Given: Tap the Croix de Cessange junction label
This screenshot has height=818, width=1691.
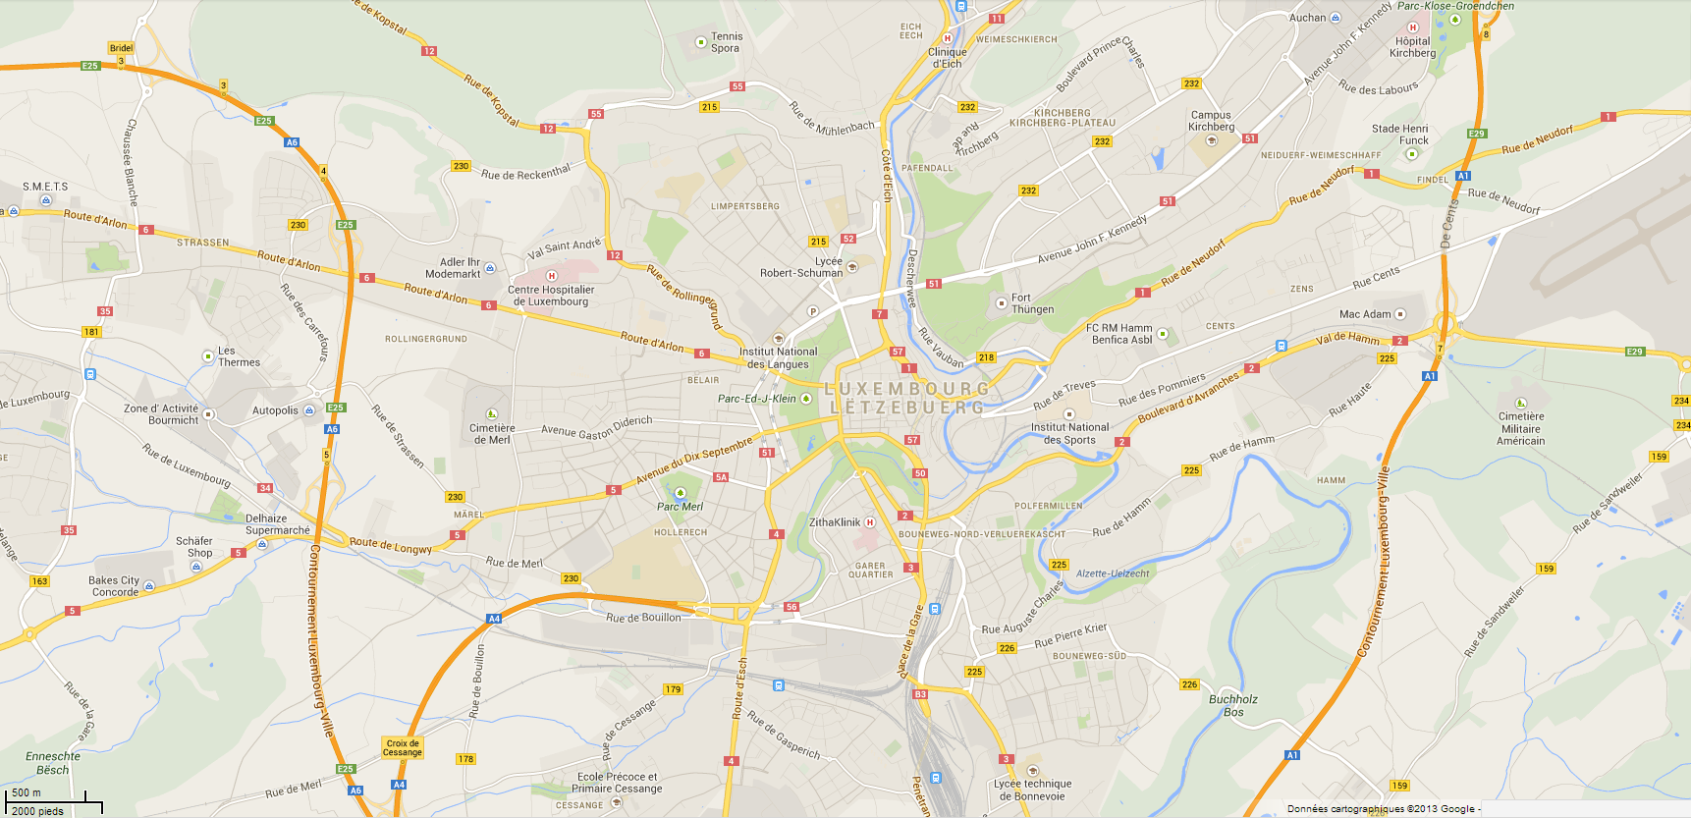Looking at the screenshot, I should [403, 748].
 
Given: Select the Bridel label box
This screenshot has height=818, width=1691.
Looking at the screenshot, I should [121, 48].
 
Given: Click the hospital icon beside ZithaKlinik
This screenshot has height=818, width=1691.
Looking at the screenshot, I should [870, 522].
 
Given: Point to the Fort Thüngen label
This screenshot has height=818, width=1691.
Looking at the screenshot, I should [1032, 303].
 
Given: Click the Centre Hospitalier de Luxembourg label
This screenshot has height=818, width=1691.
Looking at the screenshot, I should [551, 296].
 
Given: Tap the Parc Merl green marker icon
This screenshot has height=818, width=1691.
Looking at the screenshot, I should [681, 493].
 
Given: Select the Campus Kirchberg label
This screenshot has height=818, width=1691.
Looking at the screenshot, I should [1211, 121].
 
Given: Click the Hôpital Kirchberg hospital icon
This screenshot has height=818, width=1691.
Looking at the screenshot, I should [1413, 28].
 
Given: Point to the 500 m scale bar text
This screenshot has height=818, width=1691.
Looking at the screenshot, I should [27, 792].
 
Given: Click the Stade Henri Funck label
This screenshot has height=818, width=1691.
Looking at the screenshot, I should [1400, 135].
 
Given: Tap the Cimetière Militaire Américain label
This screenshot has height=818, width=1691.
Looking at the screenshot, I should [1521, 428].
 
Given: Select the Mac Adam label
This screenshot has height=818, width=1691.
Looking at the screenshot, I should [1365, 314].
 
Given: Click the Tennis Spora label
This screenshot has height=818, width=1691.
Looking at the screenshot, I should [727, 42].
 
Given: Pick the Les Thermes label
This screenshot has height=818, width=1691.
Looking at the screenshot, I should [239, 356].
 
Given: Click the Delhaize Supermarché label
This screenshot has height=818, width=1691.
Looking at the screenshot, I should [277, 524].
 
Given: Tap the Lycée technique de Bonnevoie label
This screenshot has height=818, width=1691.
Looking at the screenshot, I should [1033, 790].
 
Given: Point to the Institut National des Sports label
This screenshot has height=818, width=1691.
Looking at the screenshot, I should [1069, 433].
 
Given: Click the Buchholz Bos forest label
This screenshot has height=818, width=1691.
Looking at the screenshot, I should [1233, 705].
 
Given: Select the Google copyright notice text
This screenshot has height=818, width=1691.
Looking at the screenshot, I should [1381, 809].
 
